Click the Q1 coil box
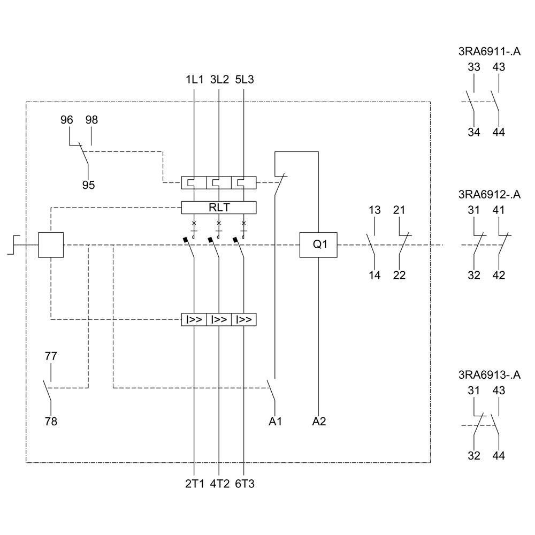(318, 245)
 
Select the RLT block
(219, 208)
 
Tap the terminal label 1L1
(194, 80)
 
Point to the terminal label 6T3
(244, 484)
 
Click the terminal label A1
(275, 422)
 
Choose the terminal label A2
(319, 422)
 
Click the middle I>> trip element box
(219, 319)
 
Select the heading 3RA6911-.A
(489, 52)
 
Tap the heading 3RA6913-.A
(489, 375)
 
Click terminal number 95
(88, 185)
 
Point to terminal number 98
(91, 120)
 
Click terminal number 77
(51, 356)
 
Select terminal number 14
(374, 276)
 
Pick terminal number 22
(399, 276)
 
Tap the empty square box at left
(51, 245)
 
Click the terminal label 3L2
(219, 80)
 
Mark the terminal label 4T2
(219, 484)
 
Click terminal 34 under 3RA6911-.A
(474, 133)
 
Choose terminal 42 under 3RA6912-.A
(499, 276)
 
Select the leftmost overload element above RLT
(194, 183)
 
